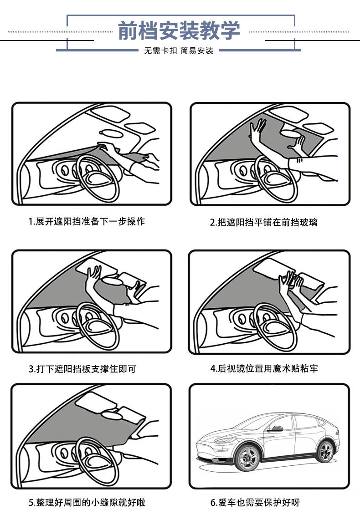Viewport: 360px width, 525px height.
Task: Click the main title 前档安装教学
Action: point(179,31)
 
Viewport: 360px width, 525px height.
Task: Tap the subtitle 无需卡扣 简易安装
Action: point(179,51)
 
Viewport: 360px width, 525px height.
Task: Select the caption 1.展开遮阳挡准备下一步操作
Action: point(87,222)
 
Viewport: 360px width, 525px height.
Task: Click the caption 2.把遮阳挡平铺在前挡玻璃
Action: point(264,222)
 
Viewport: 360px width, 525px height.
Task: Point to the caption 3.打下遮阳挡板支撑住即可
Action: point(82,369)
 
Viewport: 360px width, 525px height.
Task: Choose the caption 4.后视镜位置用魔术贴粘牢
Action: point(264,368)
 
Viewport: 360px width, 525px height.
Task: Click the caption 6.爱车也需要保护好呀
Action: point(255,502)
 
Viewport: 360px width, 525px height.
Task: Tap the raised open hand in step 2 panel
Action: point(258,130)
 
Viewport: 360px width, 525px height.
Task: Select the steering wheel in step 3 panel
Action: point(97,324)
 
